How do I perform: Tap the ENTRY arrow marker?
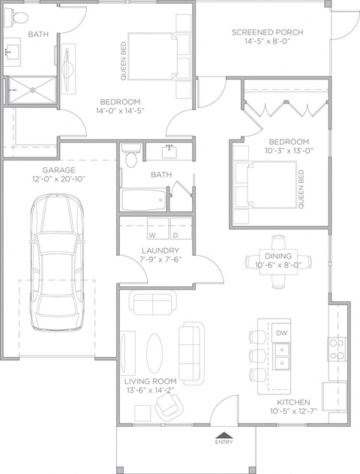(223, 434)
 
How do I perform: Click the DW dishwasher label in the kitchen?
(281, 332)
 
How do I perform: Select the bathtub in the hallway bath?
(144, 200)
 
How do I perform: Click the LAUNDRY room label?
(160, 250)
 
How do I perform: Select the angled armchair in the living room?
(169, 407)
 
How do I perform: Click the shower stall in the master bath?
(31, 91)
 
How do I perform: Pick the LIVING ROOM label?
(150, 381)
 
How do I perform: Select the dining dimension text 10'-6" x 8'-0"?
(278, 264)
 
